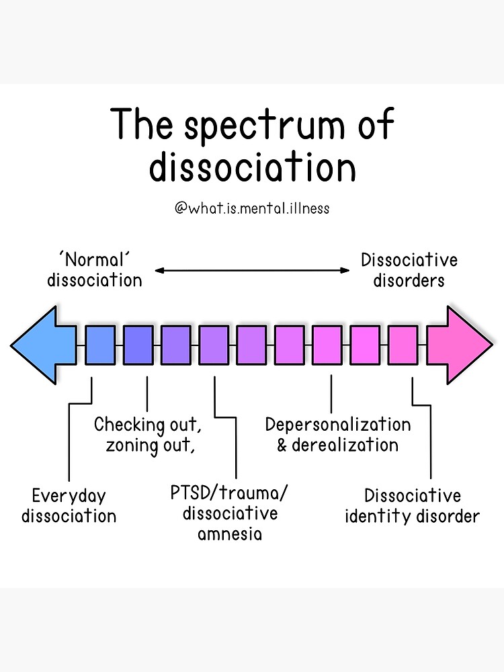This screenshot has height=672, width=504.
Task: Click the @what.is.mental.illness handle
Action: click(x=252, y=208)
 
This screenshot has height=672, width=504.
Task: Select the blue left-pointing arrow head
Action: click(x=42, y=345)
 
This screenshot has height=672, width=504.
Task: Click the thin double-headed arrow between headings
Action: click(x=252, y=270)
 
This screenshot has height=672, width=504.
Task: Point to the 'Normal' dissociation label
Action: click(x=95, y=269)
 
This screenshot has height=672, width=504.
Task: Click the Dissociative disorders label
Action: click(x=409, y=269)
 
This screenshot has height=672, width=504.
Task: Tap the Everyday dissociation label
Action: click(x=69, y=506)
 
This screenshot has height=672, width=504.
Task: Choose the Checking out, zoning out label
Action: click(x=148, y=435)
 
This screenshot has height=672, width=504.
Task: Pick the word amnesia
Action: click(x=230, y=535)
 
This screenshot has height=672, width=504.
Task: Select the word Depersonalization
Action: click(x=338, y=425)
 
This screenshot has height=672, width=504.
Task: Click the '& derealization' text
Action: click(x=338, y=445)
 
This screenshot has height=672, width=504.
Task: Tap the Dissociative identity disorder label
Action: click(x=413, y=506)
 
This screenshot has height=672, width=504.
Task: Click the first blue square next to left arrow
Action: click(x=100, y=345)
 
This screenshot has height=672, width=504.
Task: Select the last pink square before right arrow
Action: click(x=403, y=345)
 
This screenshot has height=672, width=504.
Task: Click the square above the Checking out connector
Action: click(x=138, y=345)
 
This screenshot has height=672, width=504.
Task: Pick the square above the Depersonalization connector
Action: click(x=327, y=345)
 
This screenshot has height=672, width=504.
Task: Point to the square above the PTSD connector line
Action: click(x=214, y=345)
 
